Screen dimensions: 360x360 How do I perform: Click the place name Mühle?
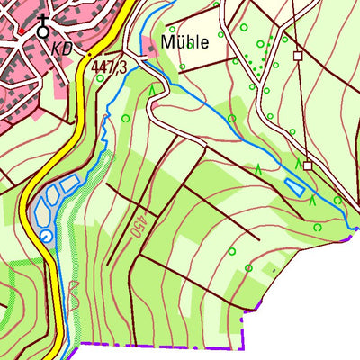pos(185,42)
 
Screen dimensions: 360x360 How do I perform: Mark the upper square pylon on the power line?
pos(296,56)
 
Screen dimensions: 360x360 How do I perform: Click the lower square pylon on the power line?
pos(307,166)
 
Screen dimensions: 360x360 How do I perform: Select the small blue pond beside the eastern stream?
pos(294,188)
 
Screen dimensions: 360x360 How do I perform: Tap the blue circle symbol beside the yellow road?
pos(46,236)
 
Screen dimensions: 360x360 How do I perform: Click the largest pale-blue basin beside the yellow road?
pos(40,212)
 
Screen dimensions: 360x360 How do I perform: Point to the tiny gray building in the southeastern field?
pos(274,267)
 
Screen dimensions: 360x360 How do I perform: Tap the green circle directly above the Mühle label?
pos(172,28)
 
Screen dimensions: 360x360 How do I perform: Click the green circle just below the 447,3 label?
pos(125,117)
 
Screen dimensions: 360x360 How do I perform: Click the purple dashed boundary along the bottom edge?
pos(162,344)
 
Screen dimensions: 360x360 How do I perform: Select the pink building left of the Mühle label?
pos(150,50)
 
